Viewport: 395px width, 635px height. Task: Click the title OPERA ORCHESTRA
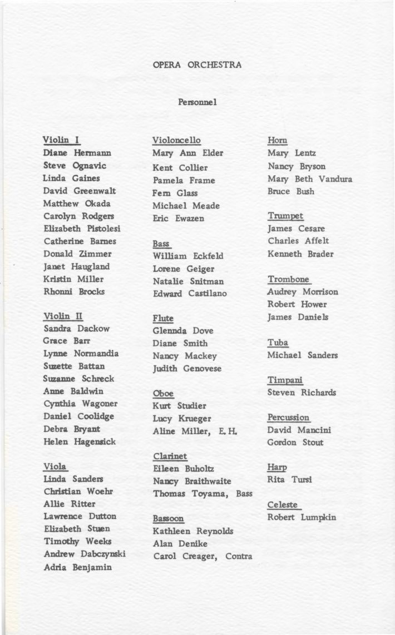click(x=197, y=65)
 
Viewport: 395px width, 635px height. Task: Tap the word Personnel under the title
click(x=197, y=103)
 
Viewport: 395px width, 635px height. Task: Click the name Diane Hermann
click(x=77, y=152)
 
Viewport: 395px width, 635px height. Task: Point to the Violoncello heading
click(x=176, y=140)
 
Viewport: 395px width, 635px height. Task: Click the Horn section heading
click(x=277, y=140)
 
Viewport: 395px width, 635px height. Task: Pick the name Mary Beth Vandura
click(x=309, y=179)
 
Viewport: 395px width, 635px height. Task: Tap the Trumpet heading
click(x=285, y=216)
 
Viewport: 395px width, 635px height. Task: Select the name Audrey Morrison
click(x=302, y=291)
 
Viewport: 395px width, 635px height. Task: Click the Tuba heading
click(x=278, y=343)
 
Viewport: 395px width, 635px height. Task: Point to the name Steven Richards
click(x=302, y=392)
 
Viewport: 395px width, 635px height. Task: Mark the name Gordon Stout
click(x=295, y=443)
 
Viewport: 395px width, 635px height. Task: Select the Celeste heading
click(x=283, y=505)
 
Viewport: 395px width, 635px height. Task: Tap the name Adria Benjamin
click(x=77, y=567)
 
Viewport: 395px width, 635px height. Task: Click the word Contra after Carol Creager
click(x=239, y=556)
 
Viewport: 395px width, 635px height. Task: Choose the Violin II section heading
click(x=63, y=316)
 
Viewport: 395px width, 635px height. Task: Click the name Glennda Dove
click(x=183, y=331)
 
